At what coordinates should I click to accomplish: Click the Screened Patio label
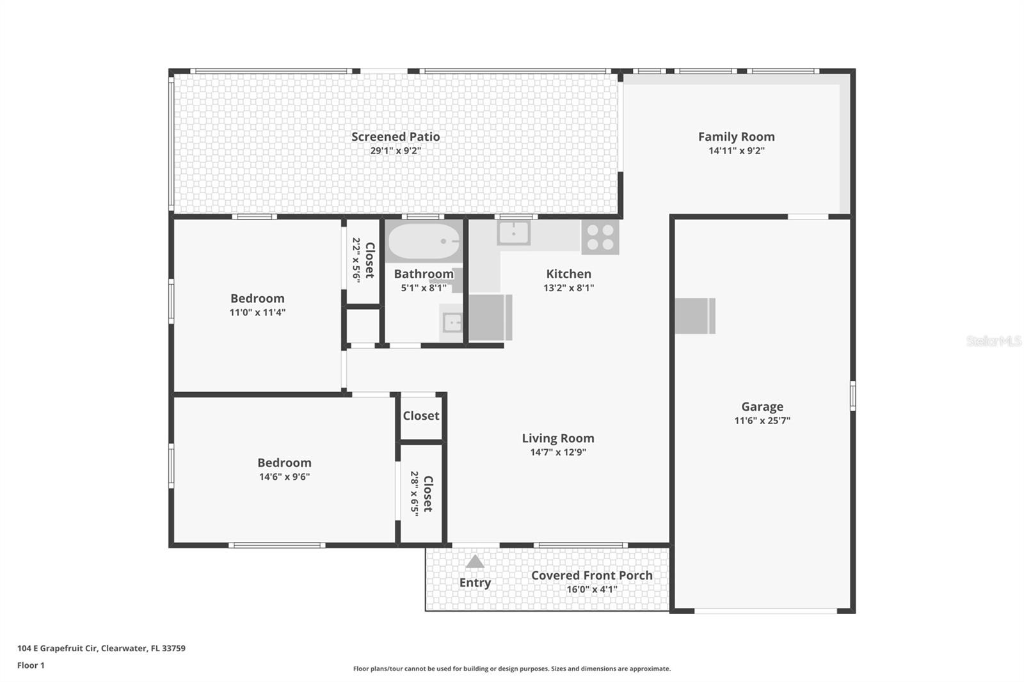(396, 137)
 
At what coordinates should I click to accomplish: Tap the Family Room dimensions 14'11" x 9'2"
(737, 151)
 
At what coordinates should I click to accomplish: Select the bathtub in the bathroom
(424, 241)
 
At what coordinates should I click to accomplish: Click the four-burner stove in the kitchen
(600, 237)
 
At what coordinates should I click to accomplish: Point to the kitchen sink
(514, 233)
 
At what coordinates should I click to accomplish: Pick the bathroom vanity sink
(452, 323)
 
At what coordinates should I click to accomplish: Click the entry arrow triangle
(475, 561)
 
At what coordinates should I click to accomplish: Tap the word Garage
(762, 406)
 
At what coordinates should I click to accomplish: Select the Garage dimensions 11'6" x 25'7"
(762, 420)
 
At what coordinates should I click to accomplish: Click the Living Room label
(558, 438)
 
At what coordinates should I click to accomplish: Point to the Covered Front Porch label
(591, 576)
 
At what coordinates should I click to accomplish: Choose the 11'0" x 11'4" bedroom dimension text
(257, 313)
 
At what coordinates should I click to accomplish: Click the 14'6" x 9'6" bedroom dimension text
(284, 477)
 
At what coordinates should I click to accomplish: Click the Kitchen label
(569, 274)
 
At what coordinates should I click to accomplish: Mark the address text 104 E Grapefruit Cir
(57, 648)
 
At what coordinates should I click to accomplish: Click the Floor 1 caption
(31, 665)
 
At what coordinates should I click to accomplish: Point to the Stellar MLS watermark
(994, 340)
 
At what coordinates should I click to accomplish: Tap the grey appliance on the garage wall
(695, 316)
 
